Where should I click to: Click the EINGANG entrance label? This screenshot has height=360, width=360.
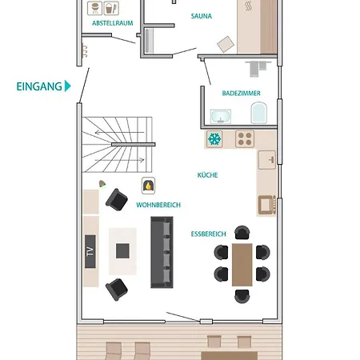[39, 86]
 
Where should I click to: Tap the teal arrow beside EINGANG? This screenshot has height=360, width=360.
[67, 86]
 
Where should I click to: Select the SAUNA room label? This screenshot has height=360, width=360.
[202, 16]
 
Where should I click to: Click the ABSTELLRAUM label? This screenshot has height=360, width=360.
[113, 23]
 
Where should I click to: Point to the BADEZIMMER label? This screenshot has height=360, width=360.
[241, 94]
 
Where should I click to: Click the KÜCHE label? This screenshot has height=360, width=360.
[207, 175]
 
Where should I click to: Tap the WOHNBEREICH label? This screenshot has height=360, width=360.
[158, 205]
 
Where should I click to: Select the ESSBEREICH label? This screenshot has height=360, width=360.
[208, 234]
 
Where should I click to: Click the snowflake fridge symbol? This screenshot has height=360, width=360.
[214, 139]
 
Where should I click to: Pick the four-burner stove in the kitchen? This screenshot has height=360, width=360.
[245, 139]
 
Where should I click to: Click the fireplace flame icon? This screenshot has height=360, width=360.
[148, 186]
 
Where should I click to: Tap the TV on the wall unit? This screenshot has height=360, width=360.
[90, 251]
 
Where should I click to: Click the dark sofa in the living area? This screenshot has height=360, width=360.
[162, 252]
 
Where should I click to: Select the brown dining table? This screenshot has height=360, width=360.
[242, 265]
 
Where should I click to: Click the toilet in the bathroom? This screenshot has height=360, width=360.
[258, 113]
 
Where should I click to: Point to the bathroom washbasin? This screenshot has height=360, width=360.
[221, 117]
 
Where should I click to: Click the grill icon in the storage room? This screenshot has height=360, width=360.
[94, 8]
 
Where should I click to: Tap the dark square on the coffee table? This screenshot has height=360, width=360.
[122, 251]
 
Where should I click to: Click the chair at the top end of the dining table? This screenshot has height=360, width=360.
[242, 233]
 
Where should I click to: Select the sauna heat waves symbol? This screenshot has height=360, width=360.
[248, 6]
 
